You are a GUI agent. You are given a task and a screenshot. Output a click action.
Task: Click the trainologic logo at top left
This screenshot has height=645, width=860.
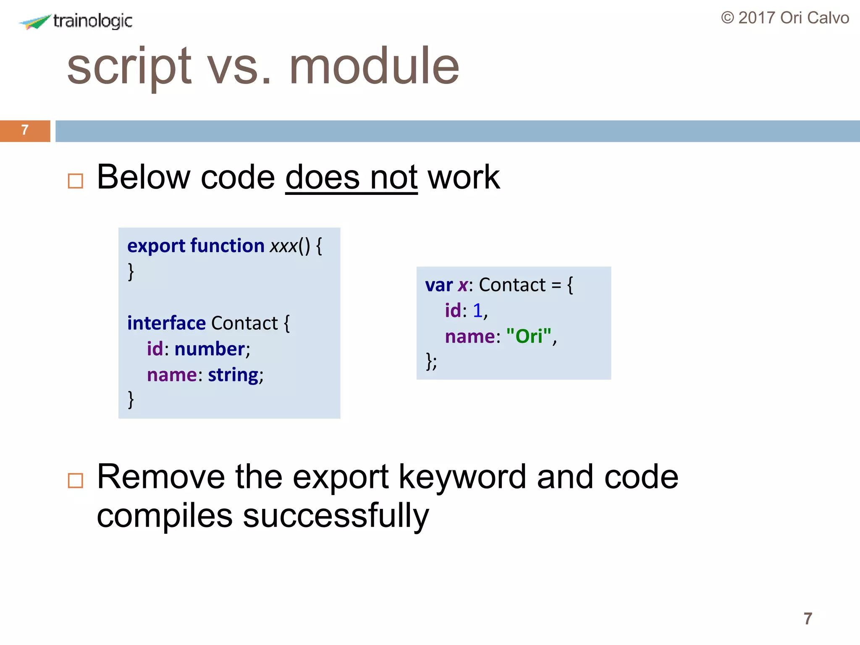pos(76,21)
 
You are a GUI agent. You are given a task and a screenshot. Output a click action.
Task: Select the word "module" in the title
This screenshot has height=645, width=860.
pos(374,66)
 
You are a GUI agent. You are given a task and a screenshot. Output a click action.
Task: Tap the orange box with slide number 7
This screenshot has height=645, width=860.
pos(25,131)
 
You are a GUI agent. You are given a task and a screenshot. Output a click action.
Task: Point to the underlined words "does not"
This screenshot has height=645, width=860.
pos(351,178)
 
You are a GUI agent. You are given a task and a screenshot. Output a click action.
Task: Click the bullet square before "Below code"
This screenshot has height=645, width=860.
pos(76,181)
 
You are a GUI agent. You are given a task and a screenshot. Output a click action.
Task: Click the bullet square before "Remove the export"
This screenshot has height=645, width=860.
pos(76,480)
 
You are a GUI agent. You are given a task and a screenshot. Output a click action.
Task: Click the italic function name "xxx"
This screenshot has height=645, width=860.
pos(284,246)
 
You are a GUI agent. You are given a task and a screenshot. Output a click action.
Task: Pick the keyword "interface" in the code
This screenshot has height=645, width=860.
pos(166,323)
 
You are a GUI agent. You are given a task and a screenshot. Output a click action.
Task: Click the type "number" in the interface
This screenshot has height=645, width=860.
pos(210,349)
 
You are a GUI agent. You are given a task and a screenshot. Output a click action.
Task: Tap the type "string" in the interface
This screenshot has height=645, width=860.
pos(233,375)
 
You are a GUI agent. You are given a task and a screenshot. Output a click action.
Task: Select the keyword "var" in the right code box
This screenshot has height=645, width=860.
pos(438,285)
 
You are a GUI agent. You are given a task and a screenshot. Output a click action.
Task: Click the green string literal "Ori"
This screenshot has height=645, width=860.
pos(529,336)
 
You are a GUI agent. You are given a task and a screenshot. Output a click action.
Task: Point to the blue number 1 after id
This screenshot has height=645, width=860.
pos(477,311)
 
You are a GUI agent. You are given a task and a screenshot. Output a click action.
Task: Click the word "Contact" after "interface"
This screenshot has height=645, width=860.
pos(244,323)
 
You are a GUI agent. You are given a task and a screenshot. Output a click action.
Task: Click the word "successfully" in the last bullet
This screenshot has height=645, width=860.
pos(336,516)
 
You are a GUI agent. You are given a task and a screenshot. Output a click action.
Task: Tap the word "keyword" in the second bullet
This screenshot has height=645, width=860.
pos(462,477)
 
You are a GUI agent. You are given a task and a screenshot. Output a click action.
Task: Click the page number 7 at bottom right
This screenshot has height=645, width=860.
pos(808,619)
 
